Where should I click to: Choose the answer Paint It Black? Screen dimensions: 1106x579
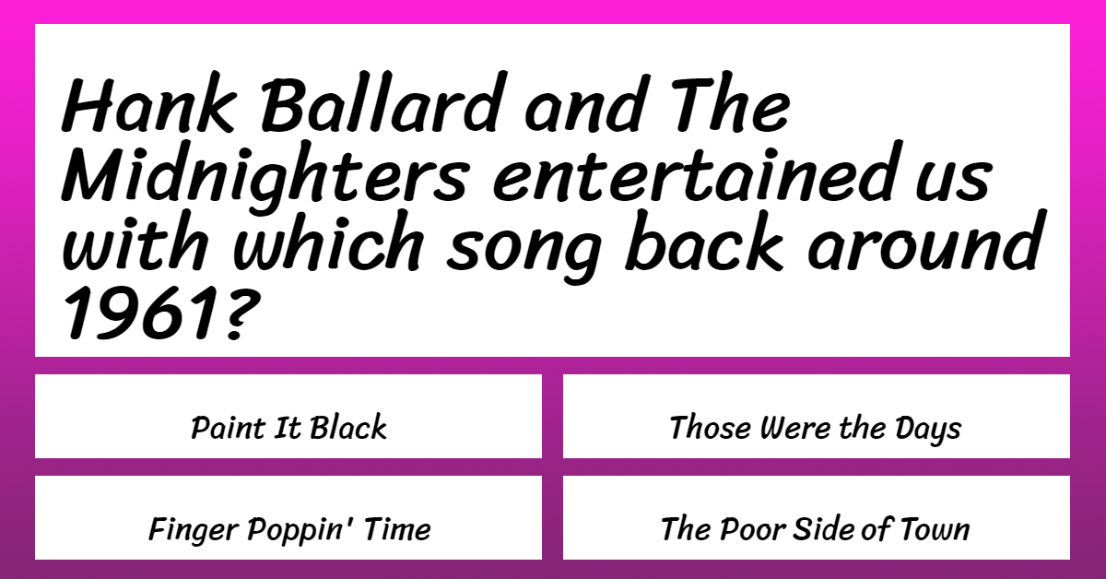(288, 427)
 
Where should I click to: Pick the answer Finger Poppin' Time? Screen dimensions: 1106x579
(289, 529)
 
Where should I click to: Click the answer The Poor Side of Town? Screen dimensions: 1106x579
(815, 528)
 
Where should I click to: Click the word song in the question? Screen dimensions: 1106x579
(524, 249)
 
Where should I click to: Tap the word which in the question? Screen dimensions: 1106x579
(328, 241)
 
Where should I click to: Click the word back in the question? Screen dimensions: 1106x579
(704, 241)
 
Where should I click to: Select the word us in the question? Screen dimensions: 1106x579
(953, 179)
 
